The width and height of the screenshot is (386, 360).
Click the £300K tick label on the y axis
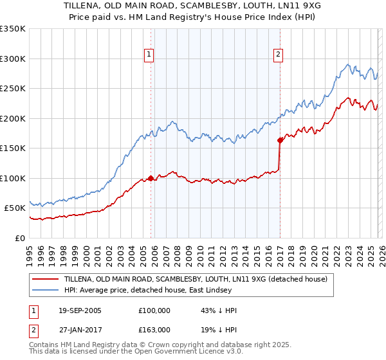pyautogui.click(x=13, y=59)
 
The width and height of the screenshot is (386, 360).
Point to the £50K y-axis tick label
pyautogui.click(x=15, y=208)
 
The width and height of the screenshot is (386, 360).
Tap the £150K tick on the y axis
pyautogui.click(x=13, y=148)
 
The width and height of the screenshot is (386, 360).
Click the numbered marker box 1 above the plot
pyautogui.click(x=149, y=55)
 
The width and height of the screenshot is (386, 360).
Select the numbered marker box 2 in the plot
pyautogui.click(x=278, y=55)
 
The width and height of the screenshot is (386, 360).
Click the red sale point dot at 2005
pyautogui.click(x=151, y=178)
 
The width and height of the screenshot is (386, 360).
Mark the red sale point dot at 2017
pyautogui.click(x=280, y=140)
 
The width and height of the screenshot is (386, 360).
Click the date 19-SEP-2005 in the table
pyautogui.click(x=80, y=310)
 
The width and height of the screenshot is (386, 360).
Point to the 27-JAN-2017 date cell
pyautogui.click(x=80, y=328)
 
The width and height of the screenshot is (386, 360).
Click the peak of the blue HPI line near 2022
pyautogui.click(x=348, y=64)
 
